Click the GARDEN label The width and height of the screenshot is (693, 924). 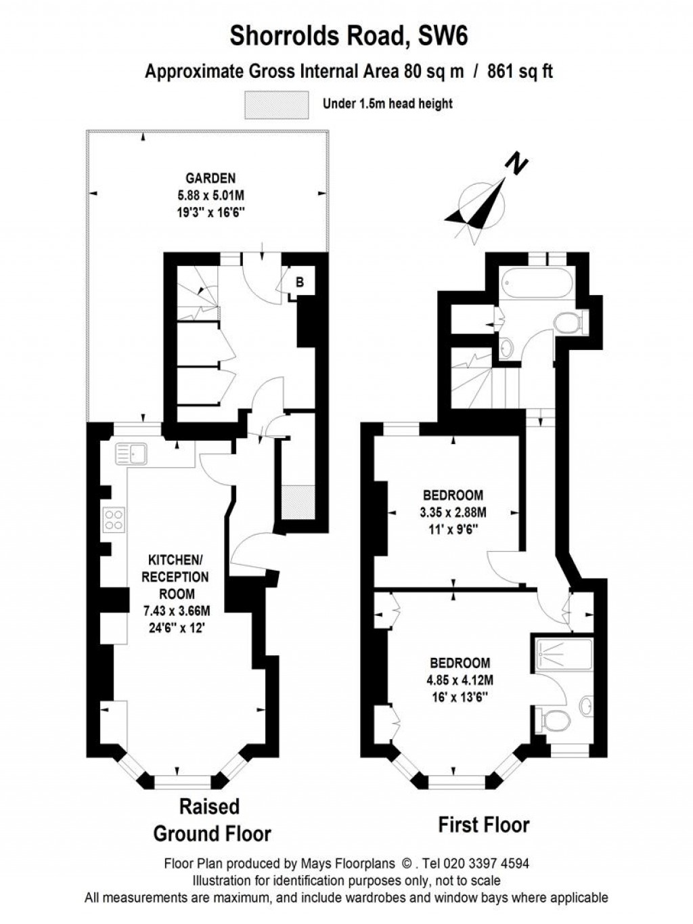tap(211, 179)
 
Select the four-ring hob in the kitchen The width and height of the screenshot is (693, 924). tap(114, 519)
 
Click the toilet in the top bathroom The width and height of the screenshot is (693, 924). tap(567, 324)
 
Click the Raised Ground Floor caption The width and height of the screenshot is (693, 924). tap(212, 820)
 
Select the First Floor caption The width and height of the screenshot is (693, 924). tap(483, 824)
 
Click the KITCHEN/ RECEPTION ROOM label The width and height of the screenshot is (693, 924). tap(178, 577)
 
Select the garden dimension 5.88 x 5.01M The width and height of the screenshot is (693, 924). tap(210, 195)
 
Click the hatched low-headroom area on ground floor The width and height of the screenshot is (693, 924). tap(298, 503)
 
